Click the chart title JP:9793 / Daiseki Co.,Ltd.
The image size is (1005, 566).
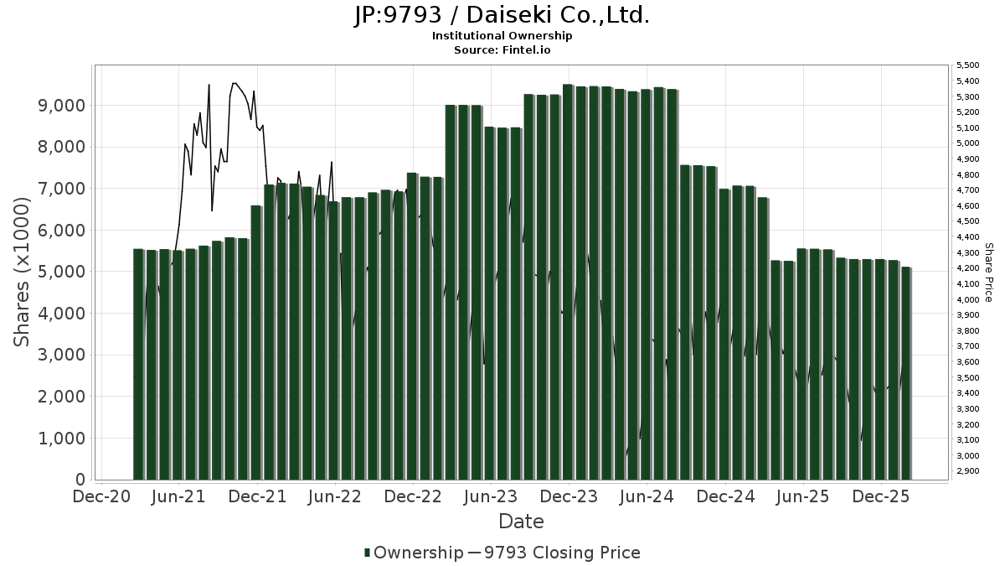click(502, 16)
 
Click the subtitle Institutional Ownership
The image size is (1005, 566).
click(502, 36)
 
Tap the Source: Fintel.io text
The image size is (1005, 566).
click(502, 50)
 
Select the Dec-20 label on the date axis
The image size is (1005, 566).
click(100, 497)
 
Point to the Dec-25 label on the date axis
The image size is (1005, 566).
click(880, 497)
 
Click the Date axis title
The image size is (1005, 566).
click(521, 522)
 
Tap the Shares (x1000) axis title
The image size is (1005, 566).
click(23, 272)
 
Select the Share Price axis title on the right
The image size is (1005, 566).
click(988, 272)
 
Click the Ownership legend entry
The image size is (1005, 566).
click(414, 553)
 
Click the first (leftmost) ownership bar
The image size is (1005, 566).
click(138, 364)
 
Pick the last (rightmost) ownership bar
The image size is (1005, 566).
click(905, 373)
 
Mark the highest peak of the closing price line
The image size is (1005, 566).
click(234, 83)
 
